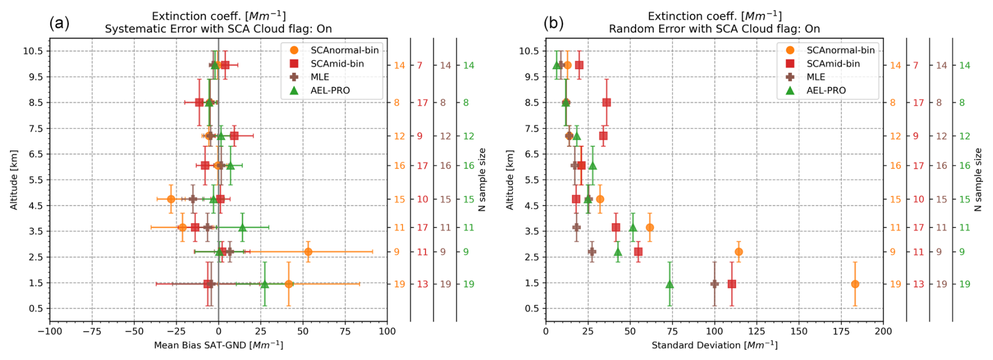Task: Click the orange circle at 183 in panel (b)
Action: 855,284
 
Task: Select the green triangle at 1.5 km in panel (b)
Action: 670,284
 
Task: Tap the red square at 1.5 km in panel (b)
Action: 732,284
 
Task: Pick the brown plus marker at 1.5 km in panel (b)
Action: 714,284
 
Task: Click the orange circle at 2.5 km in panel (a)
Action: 308,252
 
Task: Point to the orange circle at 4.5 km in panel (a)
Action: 171,199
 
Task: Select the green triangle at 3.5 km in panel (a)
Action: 242,227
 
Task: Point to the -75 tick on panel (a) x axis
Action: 92,331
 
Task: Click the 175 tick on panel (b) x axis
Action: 841,331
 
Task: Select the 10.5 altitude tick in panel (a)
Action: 33,51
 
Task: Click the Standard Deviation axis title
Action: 714,345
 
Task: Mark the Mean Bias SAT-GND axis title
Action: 218,345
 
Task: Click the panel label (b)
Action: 553,23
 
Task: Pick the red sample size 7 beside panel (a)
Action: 419,65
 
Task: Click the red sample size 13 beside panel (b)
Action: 918,284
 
